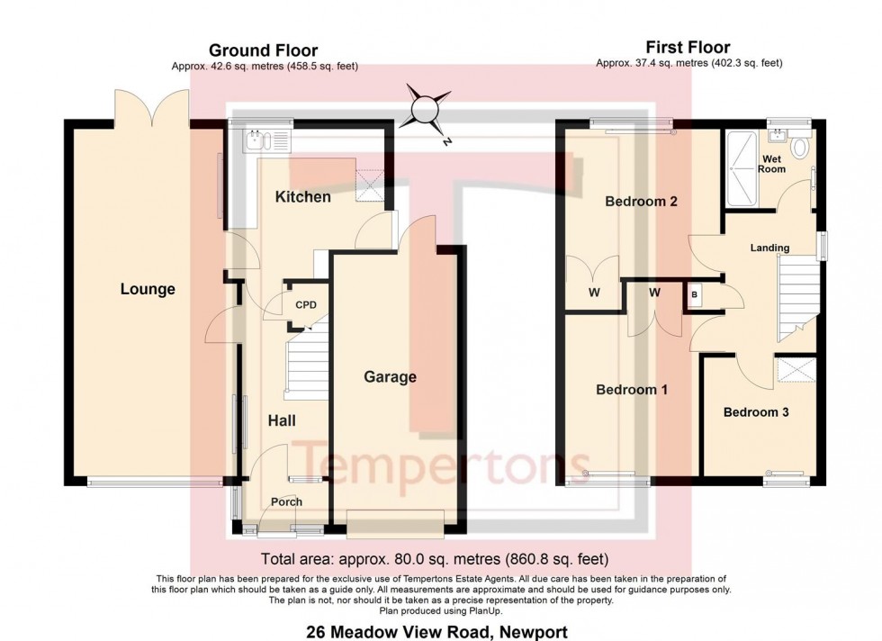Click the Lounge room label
click(x=148, y=289)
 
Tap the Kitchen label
click(x=302, y=196)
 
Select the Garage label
click(x=390, y=376)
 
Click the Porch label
click(x=286, y=501)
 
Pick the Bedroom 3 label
click(x=756, y=412)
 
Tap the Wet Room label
click(x=771, y=163)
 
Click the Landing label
click(x=769, y=248)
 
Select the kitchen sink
click(x=256, y=140)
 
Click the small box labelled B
click(x=695, y=294)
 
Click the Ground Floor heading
click(x=263, y=50)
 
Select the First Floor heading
click(x=688, y=48)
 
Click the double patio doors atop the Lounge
click(x=151, y=110)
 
